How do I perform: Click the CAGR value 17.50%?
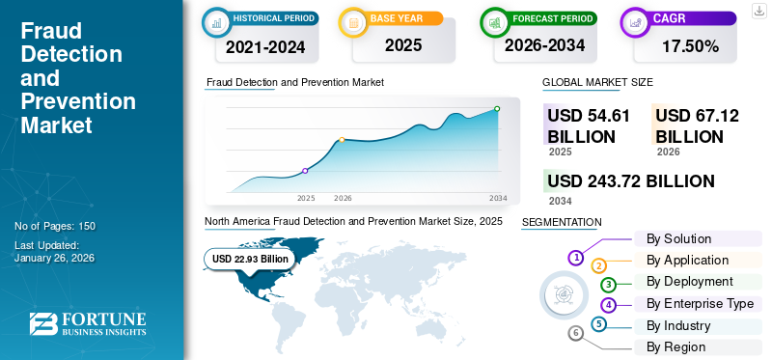point(690,46)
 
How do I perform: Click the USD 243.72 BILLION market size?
point(630,181)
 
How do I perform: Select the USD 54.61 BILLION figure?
point(589,125)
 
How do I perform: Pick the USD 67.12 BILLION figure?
point(697,125)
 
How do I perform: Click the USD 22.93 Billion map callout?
point(250,259)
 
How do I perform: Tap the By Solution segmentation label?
point(678,238)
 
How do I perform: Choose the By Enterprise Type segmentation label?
point(700,304)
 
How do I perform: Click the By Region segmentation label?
point(675,346)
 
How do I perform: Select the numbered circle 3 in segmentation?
point(608,285)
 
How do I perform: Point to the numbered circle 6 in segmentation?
point(576,333)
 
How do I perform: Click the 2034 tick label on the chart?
point(498,198)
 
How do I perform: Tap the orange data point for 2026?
point(342,140)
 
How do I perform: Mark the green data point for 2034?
point(497,109)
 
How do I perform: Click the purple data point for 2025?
point(305,171)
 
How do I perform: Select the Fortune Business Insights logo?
point(87,323)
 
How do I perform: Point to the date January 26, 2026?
point(55,259)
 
